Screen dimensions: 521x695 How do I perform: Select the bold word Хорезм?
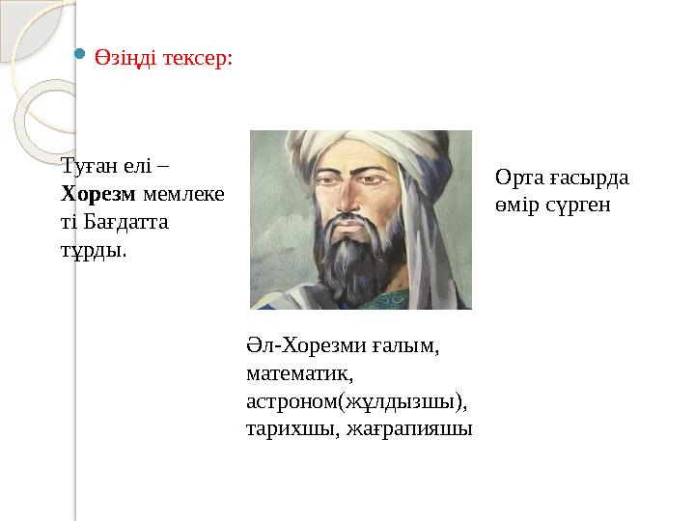coord(99,193)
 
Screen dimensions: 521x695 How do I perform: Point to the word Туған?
coord(85,167)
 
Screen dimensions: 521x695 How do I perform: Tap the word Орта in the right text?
coord(518,178)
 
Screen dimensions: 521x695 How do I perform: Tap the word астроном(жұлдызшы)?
coord(357,399)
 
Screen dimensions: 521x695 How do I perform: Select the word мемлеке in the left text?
coord(183,193)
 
